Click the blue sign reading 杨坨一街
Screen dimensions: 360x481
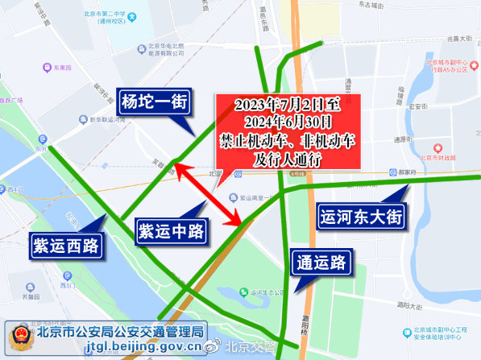[x=154, y=102]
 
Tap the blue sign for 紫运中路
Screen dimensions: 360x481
[x=169, y=231]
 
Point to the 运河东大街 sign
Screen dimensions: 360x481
[x=361, y=216]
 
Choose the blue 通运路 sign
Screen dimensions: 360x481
[x=320, y=262]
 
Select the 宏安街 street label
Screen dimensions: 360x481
[x=417, y=106]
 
